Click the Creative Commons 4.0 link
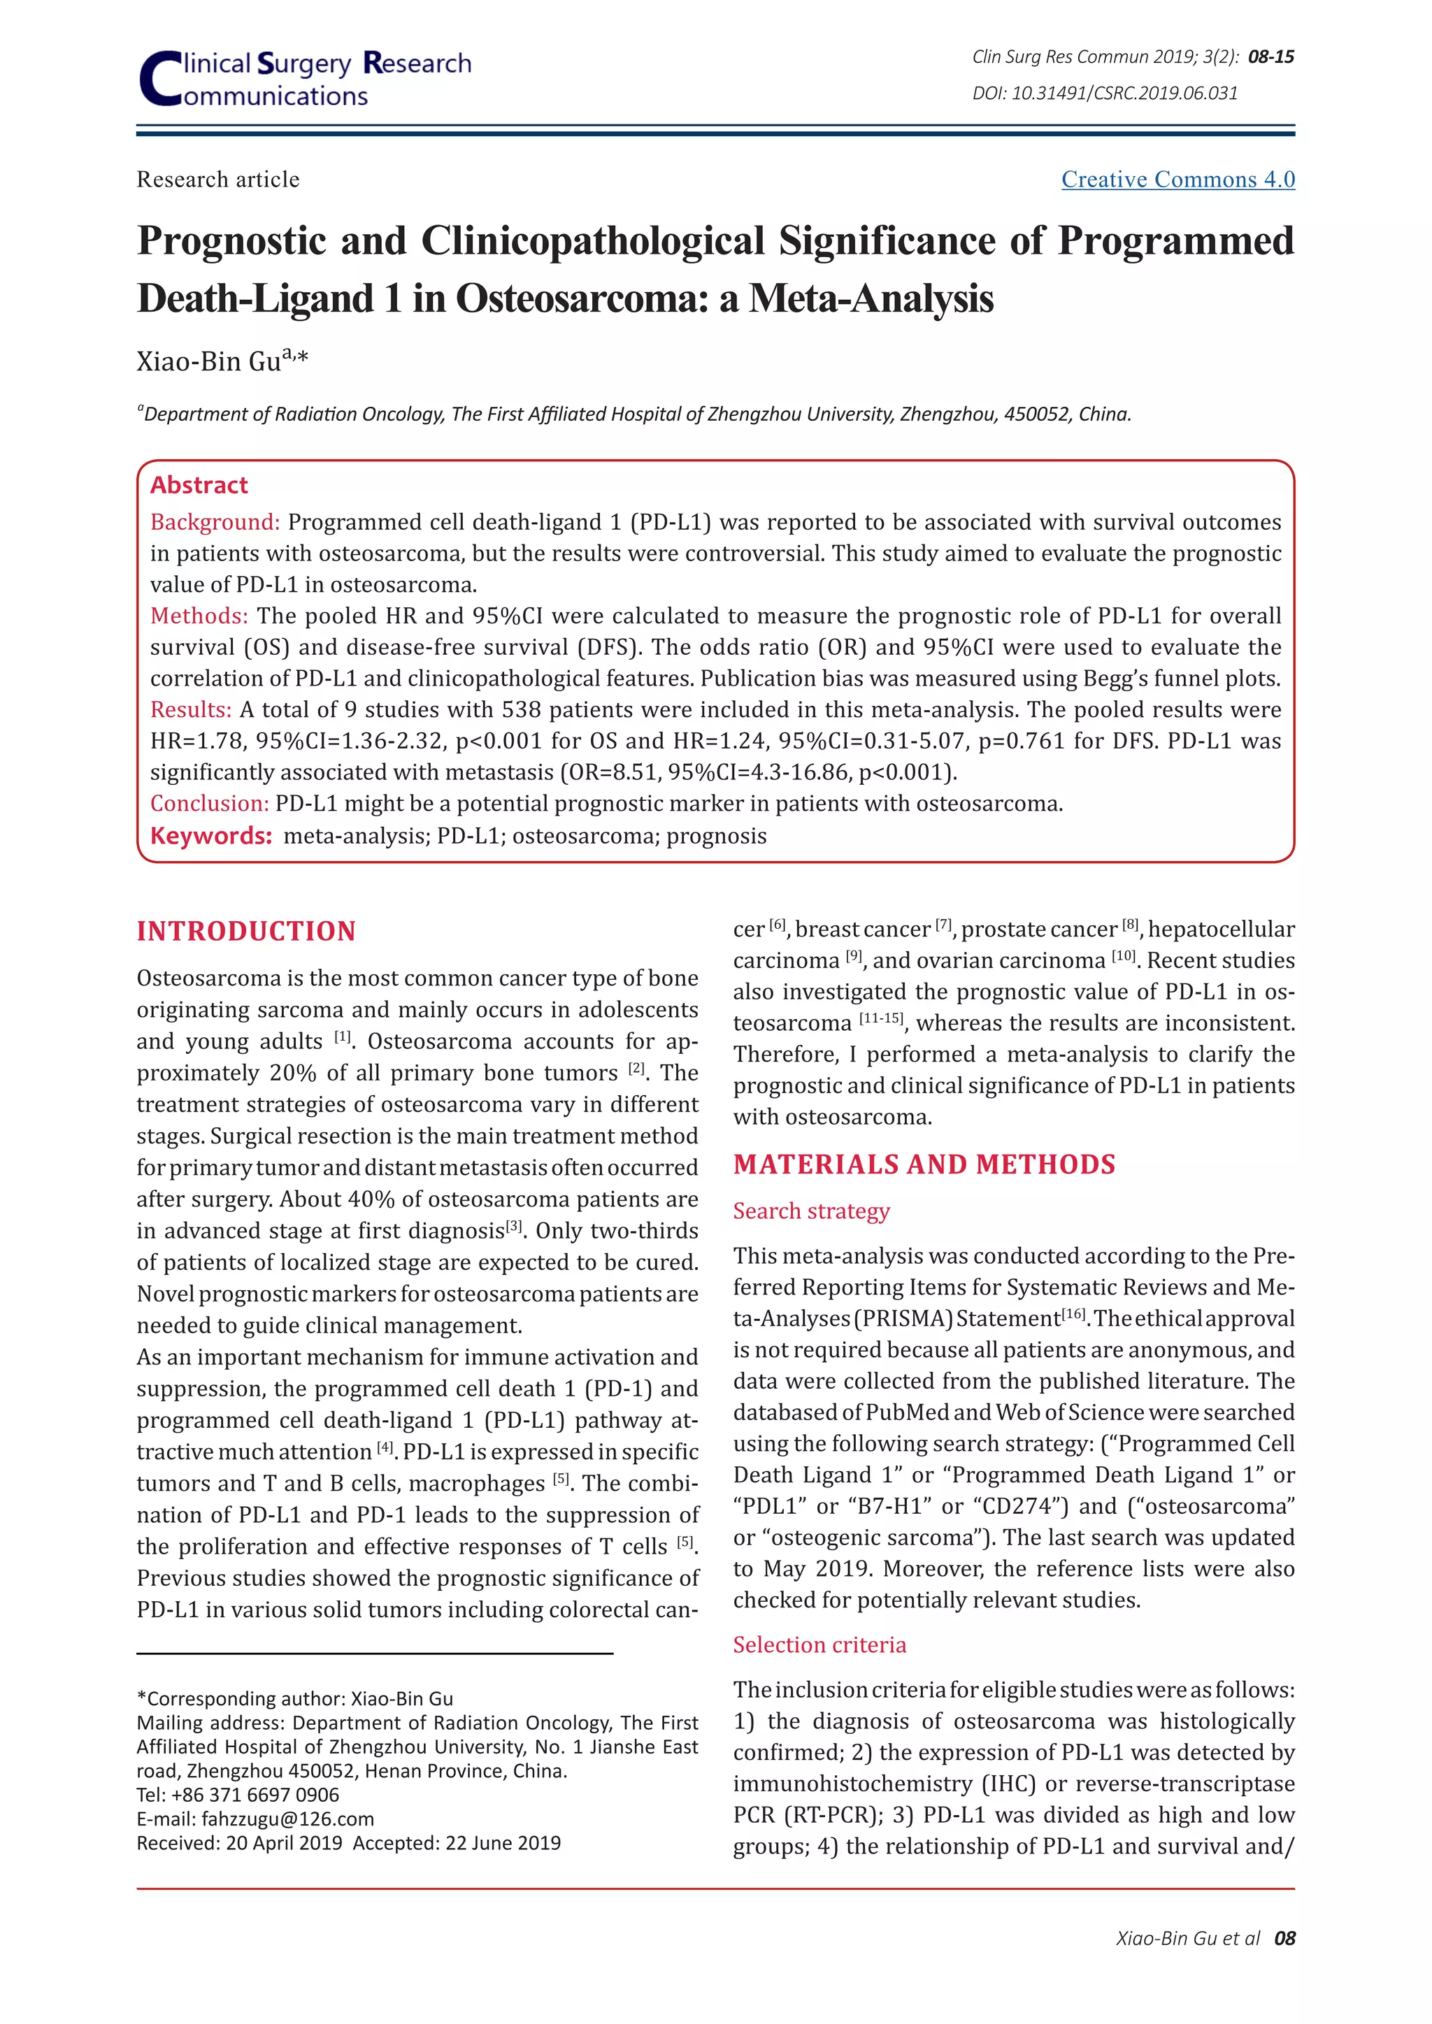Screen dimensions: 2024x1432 [1177, 180]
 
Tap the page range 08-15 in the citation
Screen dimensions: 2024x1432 [1270, 57]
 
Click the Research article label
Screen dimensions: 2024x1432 [217, 180]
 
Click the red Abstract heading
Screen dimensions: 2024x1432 [199, 485]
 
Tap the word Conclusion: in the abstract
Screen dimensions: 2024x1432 [209, 803]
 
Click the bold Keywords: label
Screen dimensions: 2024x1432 [210, 836]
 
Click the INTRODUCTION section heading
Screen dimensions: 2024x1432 [246, 931]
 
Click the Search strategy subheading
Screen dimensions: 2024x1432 [811, 1210]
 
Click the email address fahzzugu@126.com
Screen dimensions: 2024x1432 [287, 1819]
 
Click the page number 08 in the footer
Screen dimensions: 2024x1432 [1284, 1937]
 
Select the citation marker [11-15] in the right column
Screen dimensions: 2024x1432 [881, 1018]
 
